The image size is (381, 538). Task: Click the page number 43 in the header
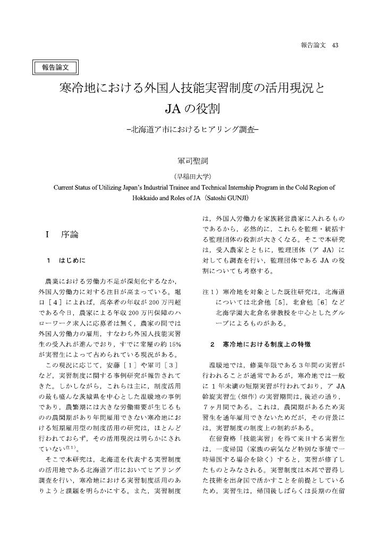click(x=335, y=45)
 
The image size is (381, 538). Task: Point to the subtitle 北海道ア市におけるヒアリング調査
click(x=192, y=130)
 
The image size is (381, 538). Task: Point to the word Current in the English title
click(x=66, y=188)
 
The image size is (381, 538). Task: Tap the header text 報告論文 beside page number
click(x=312, y=45)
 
